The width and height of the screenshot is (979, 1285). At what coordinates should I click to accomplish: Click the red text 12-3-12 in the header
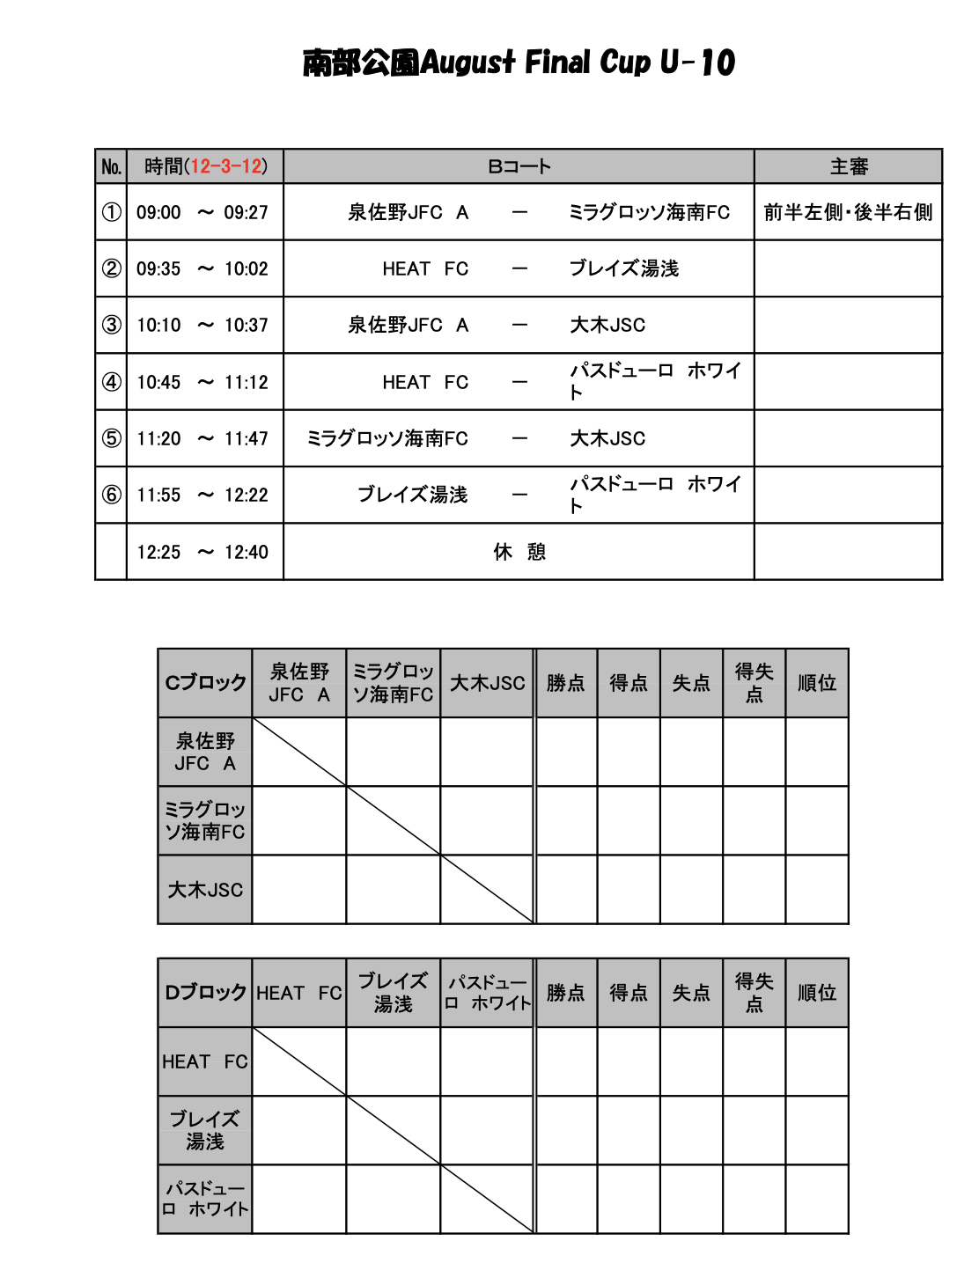pyautogui.click(x=226, y=166)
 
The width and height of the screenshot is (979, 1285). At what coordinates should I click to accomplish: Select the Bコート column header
pyautogui.click(x=519, y=166)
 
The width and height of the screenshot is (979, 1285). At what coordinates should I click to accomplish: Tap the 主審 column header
pyautogui.click(x=848, y=166)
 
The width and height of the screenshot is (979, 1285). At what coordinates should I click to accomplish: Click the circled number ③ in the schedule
pyautogui.click(x=111, y=325)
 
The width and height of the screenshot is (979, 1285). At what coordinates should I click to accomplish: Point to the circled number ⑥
pyautogui.click(x=111, y=495)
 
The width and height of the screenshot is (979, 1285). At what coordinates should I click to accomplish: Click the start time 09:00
pyautogui.click(x=158, y=212)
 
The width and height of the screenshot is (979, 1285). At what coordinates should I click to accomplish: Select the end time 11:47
pyautogui.click(x=246, y=438)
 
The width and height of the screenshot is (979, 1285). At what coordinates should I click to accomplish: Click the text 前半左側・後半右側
pyautogui.click(x=848, y=212)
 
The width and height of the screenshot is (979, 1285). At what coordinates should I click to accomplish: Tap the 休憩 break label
pyautogui.click(x=519, y=552)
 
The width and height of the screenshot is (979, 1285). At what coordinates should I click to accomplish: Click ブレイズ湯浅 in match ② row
pyautogui.click(x=623, y=268)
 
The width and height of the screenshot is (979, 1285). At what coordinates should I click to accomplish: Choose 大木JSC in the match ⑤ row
pyautogui.click(x=607, y=438)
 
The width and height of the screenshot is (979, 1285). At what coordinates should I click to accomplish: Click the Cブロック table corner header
pyautogui.click(x=205, y=683)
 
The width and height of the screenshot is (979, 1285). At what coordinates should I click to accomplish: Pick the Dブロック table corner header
pyautogui.click(x=205, y=993)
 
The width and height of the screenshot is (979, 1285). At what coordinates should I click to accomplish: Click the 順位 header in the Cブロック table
pyautogui.click(x=816, y=683)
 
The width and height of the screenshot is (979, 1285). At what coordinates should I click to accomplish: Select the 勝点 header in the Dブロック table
pyautogui.click(x=565, y=993)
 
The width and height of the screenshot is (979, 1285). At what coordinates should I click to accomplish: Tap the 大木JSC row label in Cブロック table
pyautogui.click(x=205, y=890)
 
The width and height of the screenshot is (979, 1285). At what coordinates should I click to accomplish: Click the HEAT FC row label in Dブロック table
pyautogui.click(x=205, y=1061)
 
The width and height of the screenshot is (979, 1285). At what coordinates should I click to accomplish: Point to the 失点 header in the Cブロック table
pyautogui.click(x=691, y=683)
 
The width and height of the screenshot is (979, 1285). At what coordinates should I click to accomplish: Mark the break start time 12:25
pyautogui.click(x=158, y=552)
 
